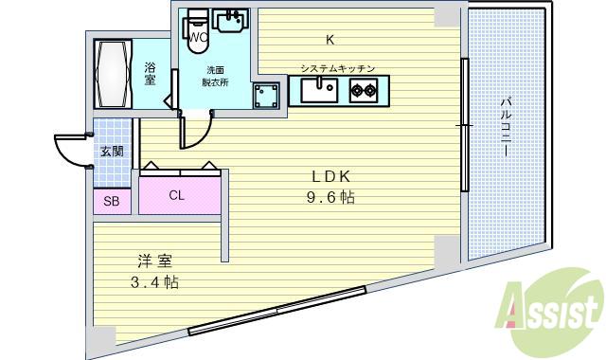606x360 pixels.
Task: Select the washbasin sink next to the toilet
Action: point(230,21)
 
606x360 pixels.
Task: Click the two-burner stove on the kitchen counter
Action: point(364,92)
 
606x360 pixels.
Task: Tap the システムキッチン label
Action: point(338,69)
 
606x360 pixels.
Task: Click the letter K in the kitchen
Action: point(330,40)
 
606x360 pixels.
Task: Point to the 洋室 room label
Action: point(154,261)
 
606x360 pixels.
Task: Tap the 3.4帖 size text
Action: point(154,282)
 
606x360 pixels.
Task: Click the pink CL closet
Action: point(177,196)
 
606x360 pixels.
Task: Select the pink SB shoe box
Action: point(111,201)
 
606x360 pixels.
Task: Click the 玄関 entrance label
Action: point(111,152)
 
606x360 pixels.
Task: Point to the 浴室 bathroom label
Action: point(151,74)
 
